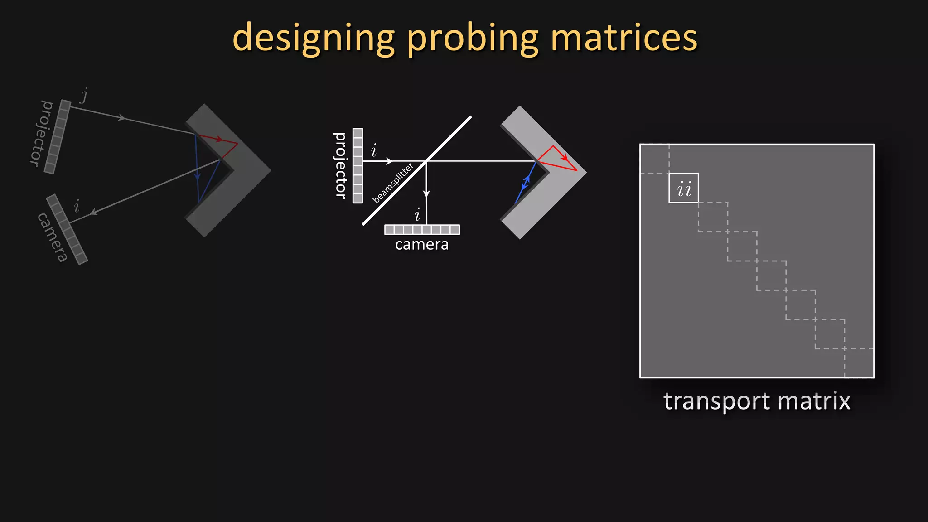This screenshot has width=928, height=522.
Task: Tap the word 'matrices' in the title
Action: [x=624, y=38]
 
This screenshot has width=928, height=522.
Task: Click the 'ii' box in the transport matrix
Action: [x=683, y=188]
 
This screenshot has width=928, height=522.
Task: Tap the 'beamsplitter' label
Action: [x=393, y=183]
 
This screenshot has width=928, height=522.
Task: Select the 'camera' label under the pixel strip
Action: [x=421, y=245]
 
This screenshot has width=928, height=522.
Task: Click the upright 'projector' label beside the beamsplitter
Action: [x=340, y=165]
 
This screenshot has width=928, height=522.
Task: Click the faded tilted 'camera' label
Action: [x=53, y=237]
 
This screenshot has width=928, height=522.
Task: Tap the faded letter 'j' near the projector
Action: [x=84, y=95]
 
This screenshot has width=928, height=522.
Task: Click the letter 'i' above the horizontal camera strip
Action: [x=417, y=214]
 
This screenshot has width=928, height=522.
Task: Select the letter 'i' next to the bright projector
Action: [x=374, y=150]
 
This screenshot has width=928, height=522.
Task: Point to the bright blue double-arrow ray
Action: [x=526, y=182]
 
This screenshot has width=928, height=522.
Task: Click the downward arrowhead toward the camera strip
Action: [x=426, y=193]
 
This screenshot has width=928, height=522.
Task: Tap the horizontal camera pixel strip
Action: [x=422, y=230]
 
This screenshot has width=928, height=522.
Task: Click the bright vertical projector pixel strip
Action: [x=358, y=166]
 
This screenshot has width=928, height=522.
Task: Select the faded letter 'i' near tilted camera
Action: [x=77, y=206]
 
